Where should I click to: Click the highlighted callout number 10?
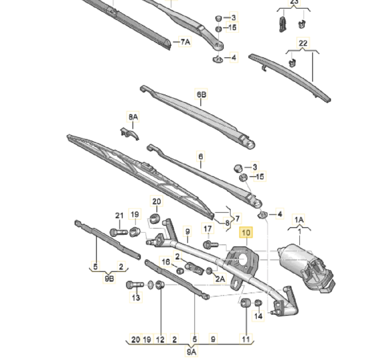[247, 233]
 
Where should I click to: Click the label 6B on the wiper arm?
[202, 95]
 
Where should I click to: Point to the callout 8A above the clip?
[133, 117]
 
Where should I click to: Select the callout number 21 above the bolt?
[119, 216]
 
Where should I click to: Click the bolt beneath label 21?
[117, 232]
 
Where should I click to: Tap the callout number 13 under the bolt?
[136, 298]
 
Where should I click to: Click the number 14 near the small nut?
[258, 316]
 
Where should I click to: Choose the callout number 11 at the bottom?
[245, 340]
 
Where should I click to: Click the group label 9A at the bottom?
[191, 352]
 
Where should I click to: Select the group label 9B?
[109, 278]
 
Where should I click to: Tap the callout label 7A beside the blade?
[185, 42]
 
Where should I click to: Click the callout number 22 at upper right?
[303, 43]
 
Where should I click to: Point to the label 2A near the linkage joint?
[220, 278]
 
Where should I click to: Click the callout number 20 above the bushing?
[156, 201]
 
